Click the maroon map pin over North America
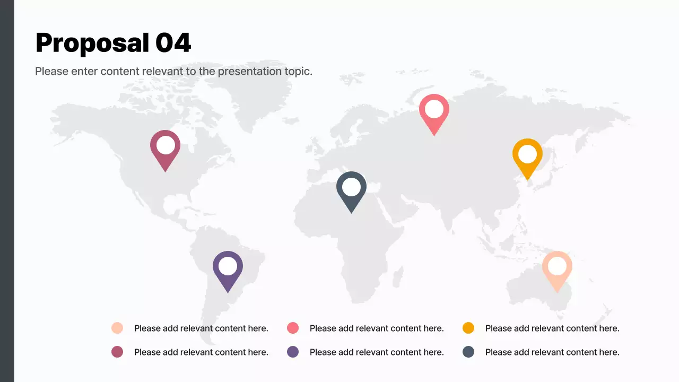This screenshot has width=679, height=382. point(165,148)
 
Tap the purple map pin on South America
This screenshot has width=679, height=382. point(228,269)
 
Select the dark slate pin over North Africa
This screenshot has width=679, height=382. point(351,190)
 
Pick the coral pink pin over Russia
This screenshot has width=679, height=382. point(434,112)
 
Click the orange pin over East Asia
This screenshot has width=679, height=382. point(527,157)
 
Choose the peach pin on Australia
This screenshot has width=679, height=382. point(557,269)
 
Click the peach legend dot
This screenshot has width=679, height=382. point(117,328)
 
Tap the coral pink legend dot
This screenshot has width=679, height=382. point(293,328)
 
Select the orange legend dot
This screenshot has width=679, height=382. point(468,328)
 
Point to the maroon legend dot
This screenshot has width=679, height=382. point(117,352)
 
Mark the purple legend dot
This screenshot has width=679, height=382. point(293,352)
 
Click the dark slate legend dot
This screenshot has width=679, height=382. point(468,352)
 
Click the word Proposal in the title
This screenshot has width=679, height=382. point(92,43)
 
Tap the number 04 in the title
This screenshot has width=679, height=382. point(173,43)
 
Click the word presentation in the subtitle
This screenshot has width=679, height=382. point(251,71)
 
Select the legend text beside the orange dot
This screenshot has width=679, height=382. point(552,328)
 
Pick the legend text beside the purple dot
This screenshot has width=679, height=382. point(377,352)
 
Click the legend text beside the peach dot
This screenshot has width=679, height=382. point(201,328)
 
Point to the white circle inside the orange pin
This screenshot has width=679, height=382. point(527,154)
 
